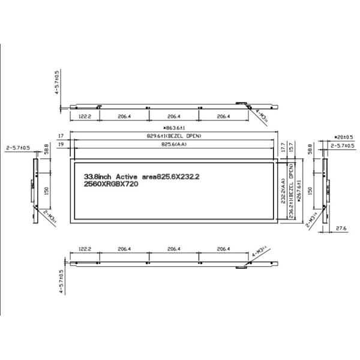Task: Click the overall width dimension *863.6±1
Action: pyautogui.click(x=173, y=128)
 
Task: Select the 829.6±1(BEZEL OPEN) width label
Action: pyautogui.click(x=173, y=137)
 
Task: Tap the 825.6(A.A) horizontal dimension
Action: pyautogui.click(x=173, y=145)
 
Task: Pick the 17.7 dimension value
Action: pyautogui.click(x=283, y=146)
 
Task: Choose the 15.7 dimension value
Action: pyautogui.click(x=292, y=146)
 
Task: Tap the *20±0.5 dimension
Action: pyautogui.click(x=343, y=137)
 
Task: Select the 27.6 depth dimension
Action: pyautogui.click(x=341, y=229)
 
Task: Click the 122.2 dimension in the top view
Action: pyautogui.click(x=85, y=116)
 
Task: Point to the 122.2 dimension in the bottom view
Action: pyautogui.click(x=85, y=248)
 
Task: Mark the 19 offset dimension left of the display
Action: pyautogui.click(x=61, y=145)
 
